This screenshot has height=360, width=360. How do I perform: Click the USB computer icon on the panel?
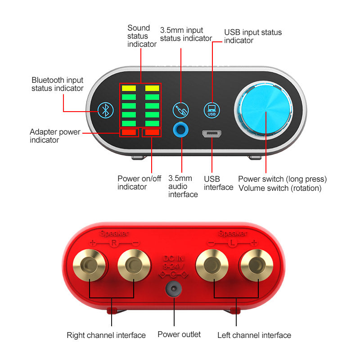click(211, 109)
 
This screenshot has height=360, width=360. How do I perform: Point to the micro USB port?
click(211, 134)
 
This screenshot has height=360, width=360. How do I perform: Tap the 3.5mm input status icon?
click(181, 109)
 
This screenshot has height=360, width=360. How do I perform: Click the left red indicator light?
click(129, 132)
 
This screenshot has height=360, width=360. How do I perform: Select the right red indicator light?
click(152, 132)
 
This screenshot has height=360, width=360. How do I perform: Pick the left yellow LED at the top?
click(129, 88)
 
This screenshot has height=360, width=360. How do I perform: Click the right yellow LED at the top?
click(152, 88)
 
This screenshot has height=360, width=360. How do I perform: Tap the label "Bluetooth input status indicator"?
click(57, 84)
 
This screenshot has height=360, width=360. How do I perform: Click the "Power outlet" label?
click(179, 334)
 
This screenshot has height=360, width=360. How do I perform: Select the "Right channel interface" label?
click(106, 335)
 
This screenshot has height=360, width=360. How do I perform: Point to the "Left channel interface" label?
click(254, 335)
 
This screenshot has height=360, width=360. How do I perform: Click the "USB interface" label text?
click(219, 183)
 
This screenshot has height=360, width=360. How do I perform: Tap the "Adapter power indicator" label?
click(55, 136)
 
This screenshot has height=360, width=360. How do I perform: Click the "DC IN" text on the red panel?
click(174, 259)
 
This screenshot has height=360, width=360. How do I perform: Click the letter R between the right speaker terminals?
click(114, 243)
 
